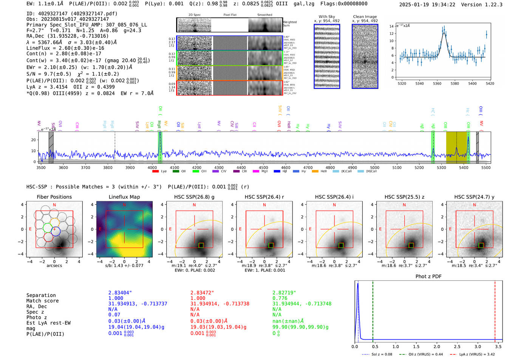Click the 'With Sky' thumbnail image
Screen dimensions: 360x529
coord(327,57)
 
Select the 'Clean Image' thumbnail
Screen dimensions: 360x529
coord(365,57)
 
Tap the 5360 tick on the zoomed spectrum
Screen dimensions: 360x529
coord(437,83)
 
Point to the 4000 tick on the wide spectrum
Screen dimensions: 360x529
coord(152,167)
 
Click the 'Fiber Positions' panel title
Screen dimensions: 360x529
coord(54,197)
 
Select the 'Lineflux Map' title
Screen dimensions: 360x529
coord(124,197)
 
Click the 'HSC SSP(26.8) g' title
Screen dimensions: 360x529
coord(194,197)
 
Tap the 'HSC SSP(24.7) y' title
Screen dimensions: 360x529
coord(474,197)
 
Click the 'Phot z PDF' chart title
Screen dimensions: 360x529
coord(428,277)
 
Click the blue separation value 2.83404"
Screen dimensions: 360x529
coord(120,293)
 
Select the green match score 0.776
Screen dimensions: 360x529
coord(280,298)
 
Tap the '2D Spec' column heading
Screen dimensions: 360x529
coord(195,15)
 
